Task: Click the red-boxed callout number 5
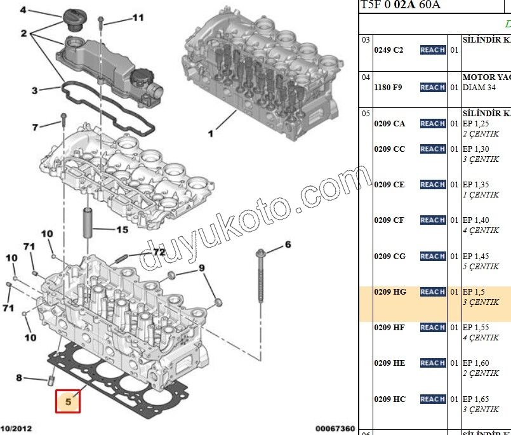point(69,401)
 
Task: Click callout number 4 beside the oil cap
point(23,10)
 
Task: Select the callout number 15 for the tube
point(122,230)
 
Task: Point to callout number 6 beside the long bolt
point(287,244)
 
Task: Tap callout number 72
point(158,252)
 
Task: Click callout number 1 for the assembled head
point(210,133)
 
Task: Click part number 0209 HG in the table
point(390,292)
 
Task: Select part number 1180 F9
point(388,87)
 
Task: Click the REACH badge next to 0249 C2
point(432,50)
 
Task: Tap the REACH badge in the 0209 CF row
point(432,220)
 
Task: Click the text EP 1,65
point(475,399)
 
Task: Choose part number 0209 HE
point(390,363)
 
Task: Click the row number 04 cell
point(366,77)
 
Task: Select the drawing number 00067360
point(335,430)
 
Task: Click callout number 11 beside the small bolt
point(138,18)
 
